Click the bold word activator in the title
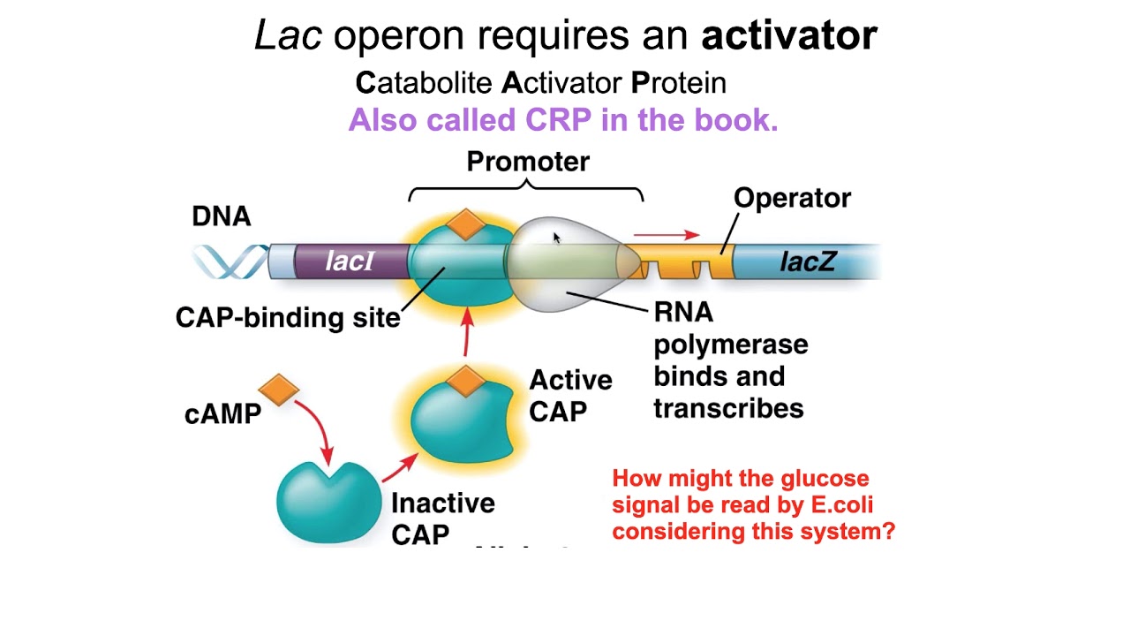(788, 35)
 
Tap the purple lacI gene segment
(350, 261)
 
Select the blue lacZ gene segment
(807, 261)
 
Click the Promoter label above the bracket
(528, 162)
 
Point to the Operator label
(792, 198)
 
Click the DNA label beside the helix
(222, 216)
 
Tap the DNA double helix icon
(230, 261)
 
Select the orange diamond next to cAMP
(279, 390)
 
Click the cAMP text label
(222, 414)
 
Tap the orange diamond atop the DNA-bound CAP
(465, 225)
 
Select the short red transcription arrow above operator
(667, 235)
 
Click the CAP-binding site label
(288, 317)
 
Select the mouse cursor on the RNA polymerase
(556, 238)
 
